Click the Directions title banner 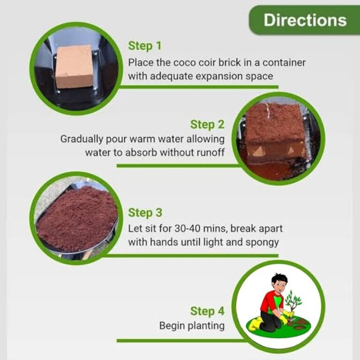pos(304,20)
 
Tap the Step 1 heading pos(145,45)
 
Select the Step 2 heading pos(207,124)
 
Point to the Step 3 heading pos(145,212)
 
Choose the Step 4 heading pos(207,311)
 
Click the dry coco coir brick pos(75,67)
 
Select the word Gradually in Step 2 pos(82,139)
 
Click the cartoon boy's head pos(279,283)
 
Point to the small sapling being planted pos(292,301)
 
